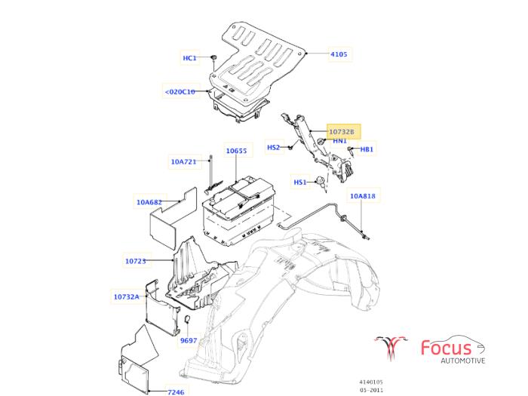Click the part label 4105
(x=339, y=54)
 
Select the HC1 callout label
(x=189, y=58)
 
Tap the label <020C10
(x=180, y=92)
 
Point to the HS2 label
(x=273, y=147)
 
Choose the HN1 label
(x=339, y=141)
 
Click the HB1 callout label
(x=367, y=149)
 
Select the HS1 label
(x=299, y=182)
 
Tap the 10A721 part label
(x=183, y=161)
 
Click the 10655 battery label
(x=236, y=151)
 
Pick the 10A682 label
(x=149, y=202)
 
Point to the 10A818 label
(x=361, y=196)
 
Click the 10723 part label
(x=135, y=261)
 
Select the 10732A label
(x=127, y=296)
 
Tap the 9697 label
(x=188, y=341)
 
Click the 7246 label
(x=175, y=391)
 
